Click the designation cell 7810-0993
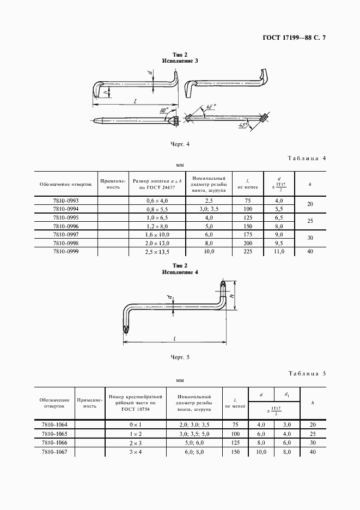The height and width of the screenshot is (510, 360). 65,200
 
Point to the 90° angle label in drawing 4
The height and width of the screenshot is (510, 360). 163,111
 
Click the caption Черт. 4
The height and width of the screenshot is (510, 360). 180,144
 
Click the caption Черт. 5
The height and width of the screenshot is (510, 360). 180,357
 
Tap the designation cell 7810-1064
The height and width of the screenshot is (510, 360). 53,424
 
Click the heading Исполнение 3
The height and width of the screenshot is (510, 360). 180,60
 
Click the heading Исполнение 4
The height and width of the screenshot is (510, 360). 180,271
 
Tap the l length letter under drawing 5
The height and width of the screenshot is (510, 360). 173,338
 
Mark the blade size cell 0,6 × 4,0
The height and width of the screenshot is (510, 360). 157,200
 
